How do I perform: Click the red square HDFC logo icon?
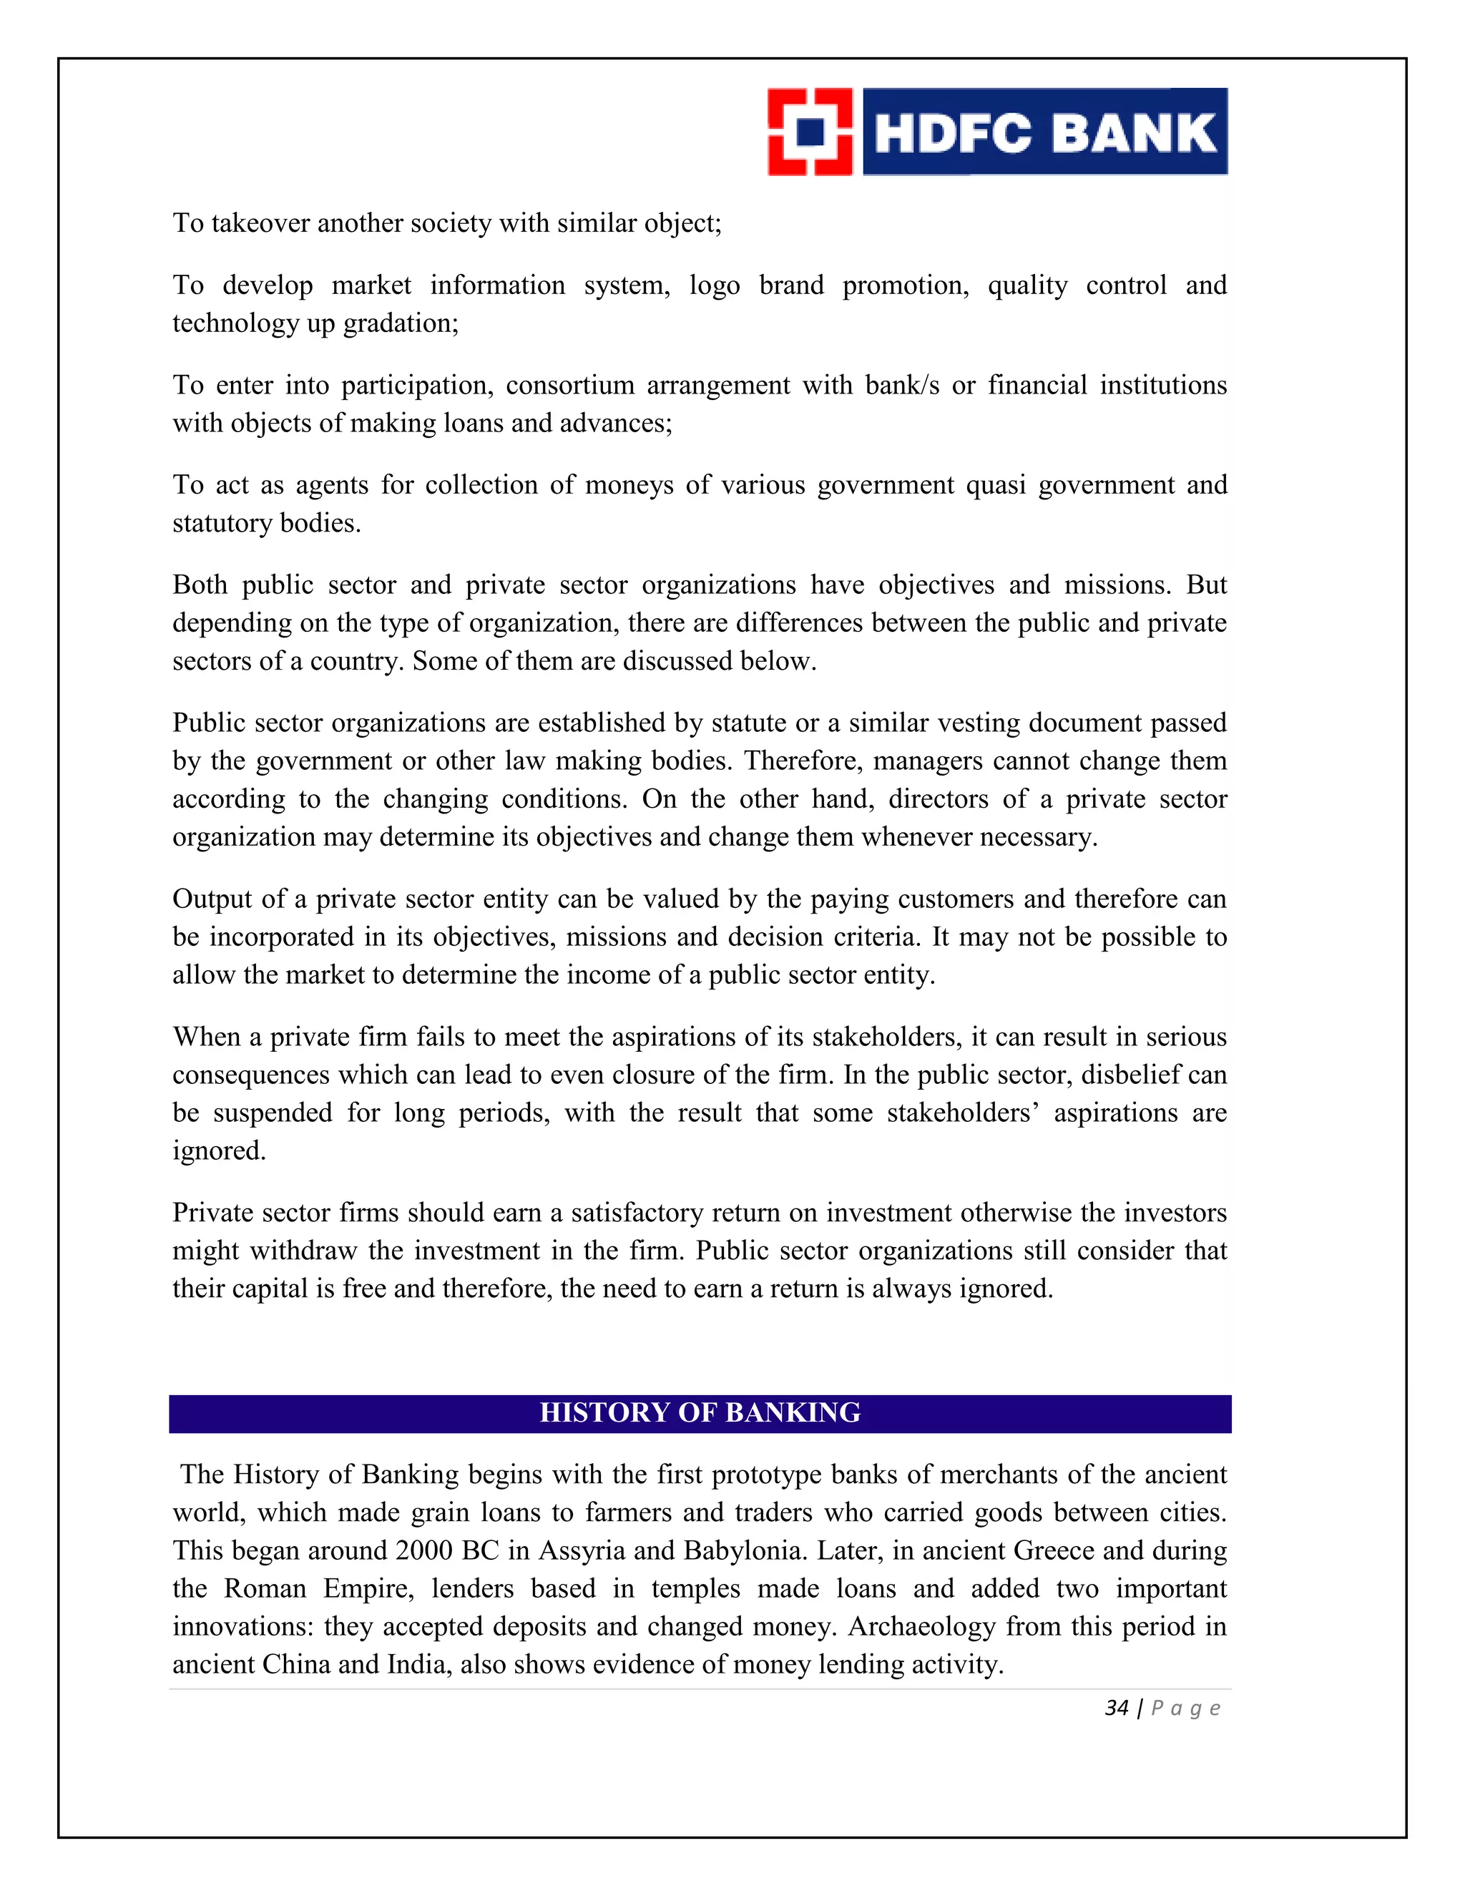point(810,132)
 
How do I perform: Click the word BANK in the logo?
point(1137,134)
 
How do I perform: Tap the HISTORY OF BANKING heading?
point(700,1412)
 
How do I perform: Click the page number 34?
point(1116,1708)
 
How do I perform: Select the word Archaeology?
point(921,1626)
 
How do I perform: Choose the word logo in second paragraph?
point(715,285)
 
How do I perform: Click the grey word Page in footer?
point(1185,1709)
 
